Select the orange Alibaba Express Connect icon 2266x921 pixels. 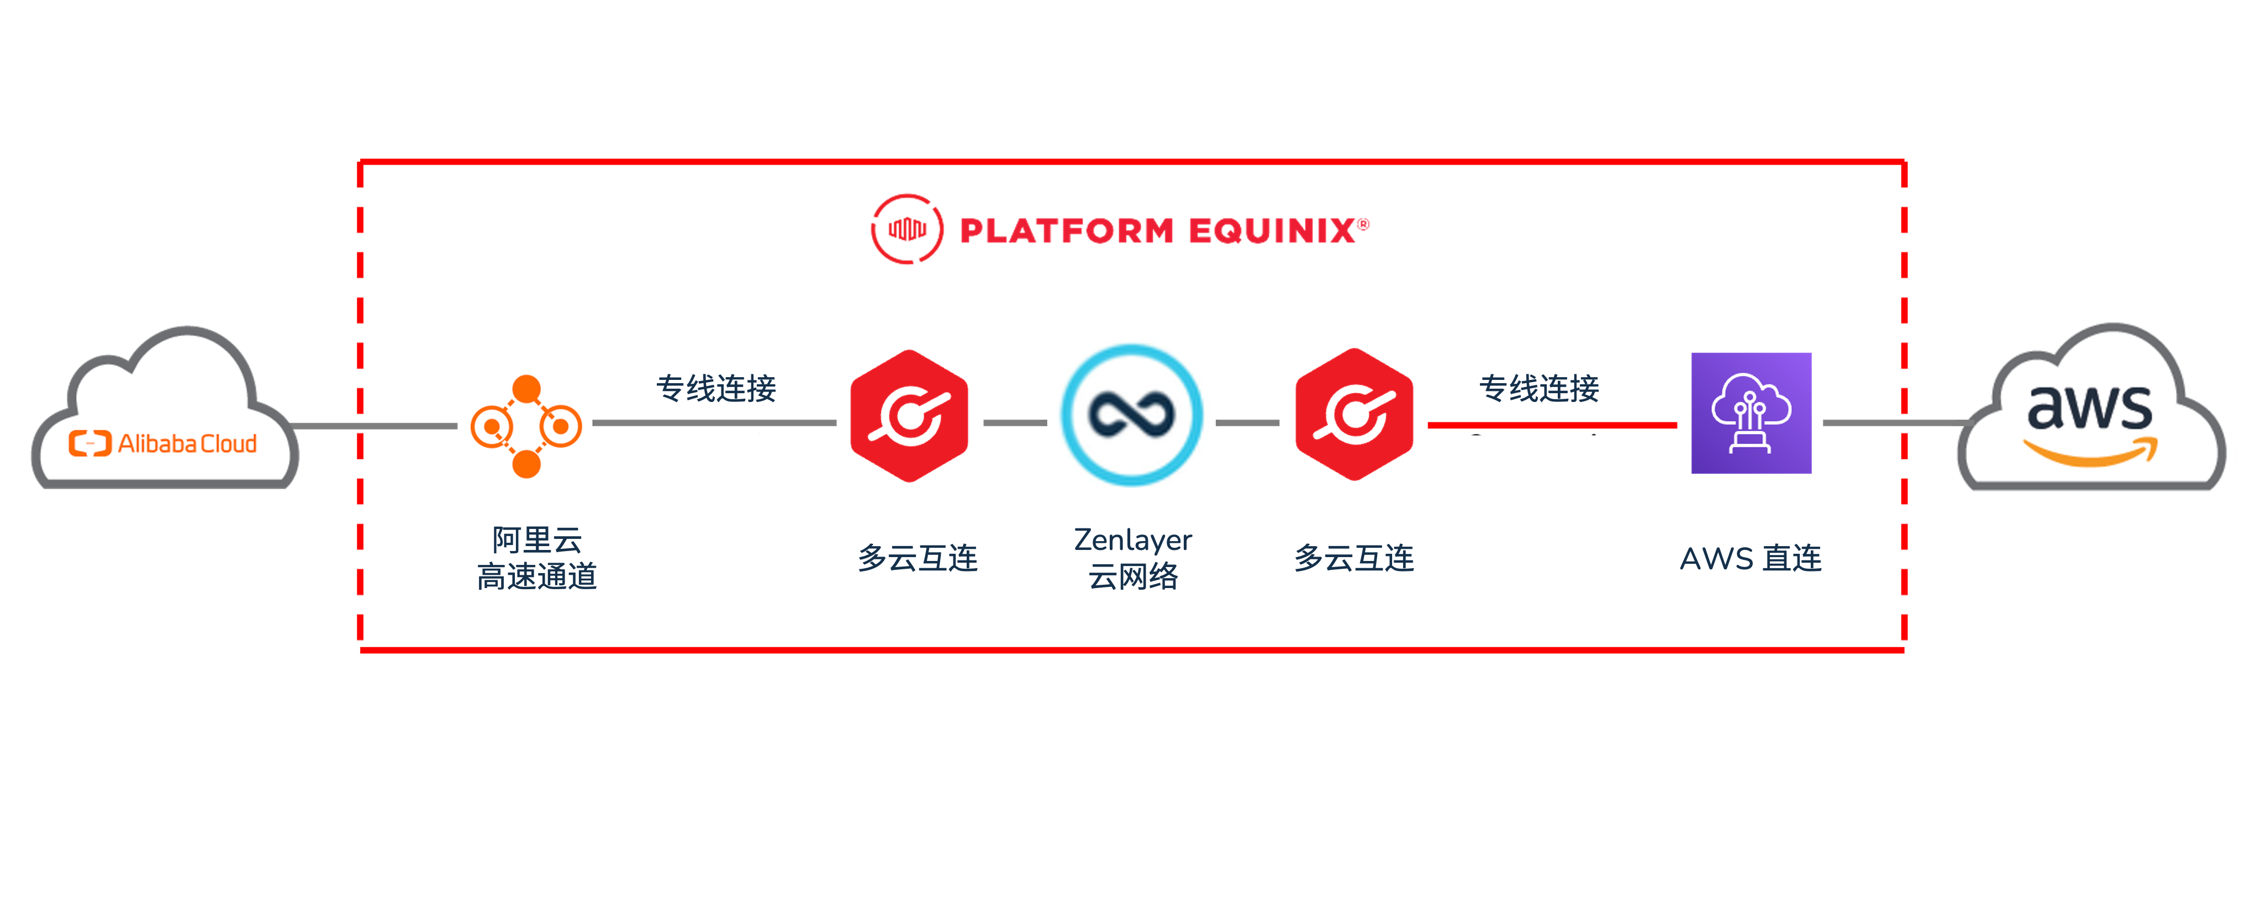(526, 427)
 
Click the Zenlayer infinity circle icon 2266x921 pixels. (1131, 415)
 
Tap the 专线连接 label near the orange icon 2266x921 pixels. (716, 387)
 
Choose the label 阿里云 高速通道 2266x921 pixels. (536, 558)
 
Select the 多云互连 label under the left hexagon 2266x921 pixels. (918, 558)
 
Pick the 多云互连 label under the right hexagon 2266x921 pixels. (1354, 558)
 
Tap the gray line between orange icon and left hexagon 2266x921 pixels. (713, 423)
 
